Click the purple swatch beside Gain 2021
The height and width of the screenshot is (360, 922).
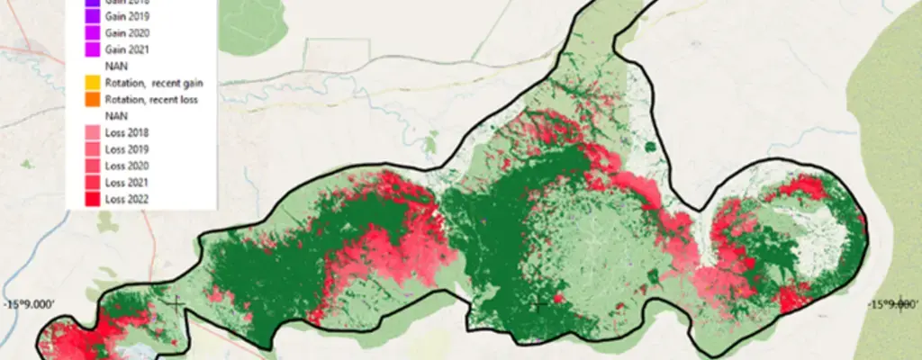tap(90, 49)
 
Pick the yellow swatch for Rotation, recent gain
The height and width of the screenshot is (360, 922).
tap(90, 83)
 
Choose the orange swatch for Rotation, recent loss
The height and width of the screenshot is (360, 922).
tap(90, 99)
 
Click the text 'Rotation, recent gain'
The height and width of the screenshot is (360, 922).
tap(149, 83)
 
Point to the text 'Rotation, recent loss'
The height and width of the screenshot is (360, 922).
tap(150, 99)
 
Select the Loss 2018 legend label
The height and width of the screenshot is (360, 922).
tap(126, 133)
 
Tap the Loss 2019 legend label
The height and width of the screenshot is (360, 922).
tap(126, 149)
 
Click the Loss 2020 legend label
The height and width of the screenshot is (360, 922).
tap(126, 166)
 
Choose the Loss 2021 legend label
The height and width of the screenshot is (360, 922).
tap(126, 183)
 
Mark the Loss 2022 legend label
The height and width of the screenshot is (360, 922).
tap(126, 199)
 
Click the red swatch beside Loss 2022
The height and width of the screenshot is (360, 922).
tap(90, 199)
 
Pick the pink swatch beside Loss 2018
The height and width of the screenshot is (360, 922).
tap(90, 133)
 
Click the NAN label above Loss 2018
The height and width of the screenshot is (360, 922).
tap(115, 116)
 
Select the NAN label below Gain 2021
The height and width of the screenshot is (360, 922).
tap(115, 67)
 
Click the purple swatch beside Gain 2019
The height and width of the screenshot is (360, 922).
tap(90, 17)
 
